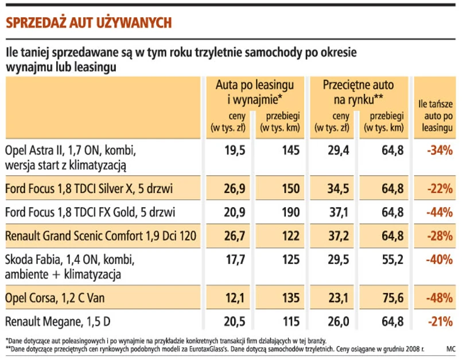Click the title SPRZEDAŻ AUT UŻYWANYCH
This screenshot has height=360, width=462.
tap(88, 22)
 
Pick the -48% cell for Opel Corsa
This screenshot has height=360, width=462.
tap(440, 299)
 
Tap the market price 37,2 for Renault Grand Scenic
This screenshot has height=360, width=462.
tap(336, 236)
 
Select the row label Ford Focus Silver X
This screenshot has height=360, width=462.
tap(89, 188)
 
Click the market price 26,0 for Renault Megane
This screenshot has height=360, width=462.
tap(336, 322)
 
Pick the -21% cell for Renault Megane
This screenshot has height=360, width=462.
tap(440, 322)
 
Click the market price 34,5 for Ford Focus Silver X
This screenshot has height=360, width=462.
tap(336, 188)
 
